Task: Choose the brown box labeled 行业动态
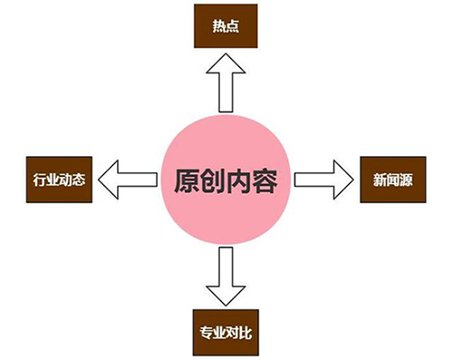tap(53, 180)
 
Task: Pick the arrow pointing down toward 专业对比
tap(226, 276)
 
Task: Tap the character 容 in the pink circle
tap(266, 179)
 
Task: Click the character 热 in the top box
tap(220, 25)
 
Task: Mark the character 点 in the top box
tap(235, 25)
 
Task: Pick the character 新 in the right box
tap(380, 180)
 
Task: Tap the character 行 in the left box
tap(33, 180)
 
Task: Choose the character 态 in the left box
tap(73, 180)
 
